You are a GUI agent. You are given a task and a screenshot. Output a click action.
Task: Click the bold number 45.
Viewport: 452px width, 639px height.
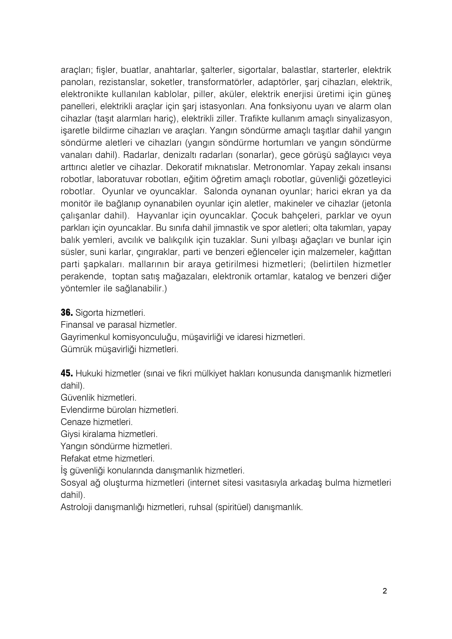[67, 373]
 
